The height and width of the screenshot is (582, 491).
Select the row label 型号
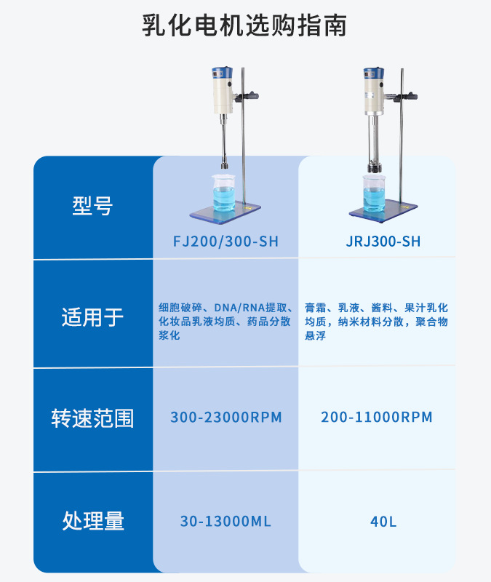[x=92, y=206]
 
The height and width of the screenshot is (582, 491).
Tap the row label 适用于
[x=92, y=317]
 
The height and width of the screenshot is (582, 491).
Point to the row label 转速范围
[x=92, y=418]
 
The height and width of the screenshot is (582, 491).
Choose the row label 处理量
[x=92, y=521]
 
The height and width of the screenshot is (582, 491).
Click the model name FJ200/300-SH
[x=225, y=242]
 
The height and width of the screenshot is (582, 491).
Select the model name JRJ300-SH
[x=383, y=242]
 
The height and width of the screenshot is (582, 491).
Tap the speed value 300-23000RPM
[x=225, y=418]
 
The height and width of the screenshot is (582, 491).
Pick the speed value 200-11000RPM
[x=376, y=418]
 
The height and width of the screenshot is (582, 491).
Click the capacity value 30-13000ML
[x=225, y=521]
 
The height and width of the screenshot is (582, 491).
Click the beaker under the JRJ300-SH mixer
[x=374, y=192]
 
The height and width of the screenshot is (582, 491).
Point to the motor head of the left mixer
[x=222, y=90]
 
